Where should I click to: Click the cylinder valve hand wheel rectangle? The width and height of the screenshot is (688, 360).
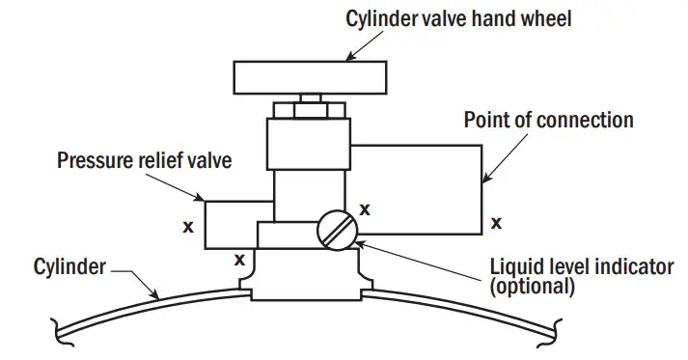(309, 75)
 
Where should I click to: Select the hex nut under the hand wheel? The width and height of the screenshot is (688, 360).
(308, 108)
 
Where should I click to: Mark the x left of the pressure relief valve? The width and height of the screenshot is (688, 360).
(188, 229)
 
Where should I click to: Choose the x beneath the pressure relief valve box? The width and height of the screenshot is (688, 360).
(238, 259)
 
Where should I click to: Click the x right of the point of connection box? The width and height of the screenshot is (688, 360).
(496, 223)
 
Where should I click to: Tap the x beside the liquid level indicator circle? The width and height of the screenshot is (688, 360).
(366, 208)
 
